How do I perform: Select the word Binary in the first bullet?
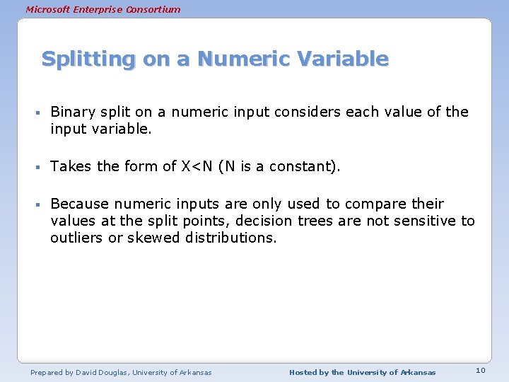point(72,112)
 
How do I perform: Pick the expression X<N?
point(197,166)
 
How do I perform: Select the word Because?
point(79,204)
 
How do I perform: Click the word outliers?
point(76,238)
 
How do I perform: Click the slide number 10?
point(480,371)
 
